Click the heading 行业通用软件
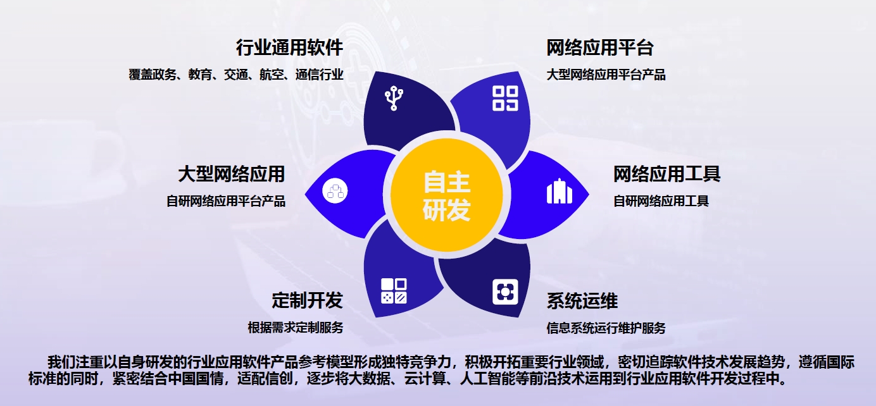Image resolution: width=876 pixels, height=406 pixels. coord(289,47)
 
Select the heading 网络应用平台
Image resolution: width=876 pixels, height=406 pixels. coord(600,47)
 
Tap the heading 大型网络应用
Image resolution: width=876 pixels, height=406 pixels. coord(231,173)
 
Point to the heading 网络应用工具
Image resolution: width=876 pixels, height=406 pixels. coord(666,173)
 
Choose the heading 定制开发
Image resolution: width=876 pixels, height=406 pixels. coord(307,300)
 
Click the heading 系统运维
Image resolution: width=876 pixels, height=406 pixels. coord(582,300)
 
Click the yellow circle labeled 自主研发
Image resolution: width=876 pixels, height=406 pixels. coord(447,195)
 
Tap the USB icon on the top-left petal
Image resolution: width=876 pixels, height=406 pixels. coord(394,98)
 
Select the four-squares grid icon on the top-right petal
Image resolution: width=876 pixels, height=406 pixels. coord(505,98)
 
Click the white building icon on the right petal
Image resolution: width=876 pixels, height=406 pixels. coord(559,191)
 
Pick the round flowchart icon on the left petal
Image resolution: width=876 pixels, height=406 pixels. coord(335,191)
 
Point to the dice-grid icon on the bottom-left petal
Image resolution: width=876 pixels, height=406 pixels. coord(394,290)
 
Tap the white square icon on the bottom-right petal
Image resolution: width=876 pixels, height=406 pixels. coord(505,292)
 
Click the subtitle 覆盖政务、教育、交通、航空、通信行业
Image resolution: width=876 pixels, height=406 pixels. coord(235,75)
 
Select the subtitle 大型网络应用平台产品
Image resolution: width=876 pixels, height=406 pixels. coord(606,75)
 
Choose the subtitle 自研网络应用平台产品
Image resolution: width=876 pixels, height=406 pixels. coord(226,201)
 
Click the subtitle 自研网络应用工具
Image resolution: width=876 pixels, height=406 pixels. coord(661,201)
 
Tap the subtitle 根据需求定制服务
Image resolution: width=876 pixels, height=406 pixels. coord(296,328)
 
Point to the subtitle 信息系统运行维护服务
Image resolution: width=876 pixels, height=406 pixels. coord(606,328)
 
